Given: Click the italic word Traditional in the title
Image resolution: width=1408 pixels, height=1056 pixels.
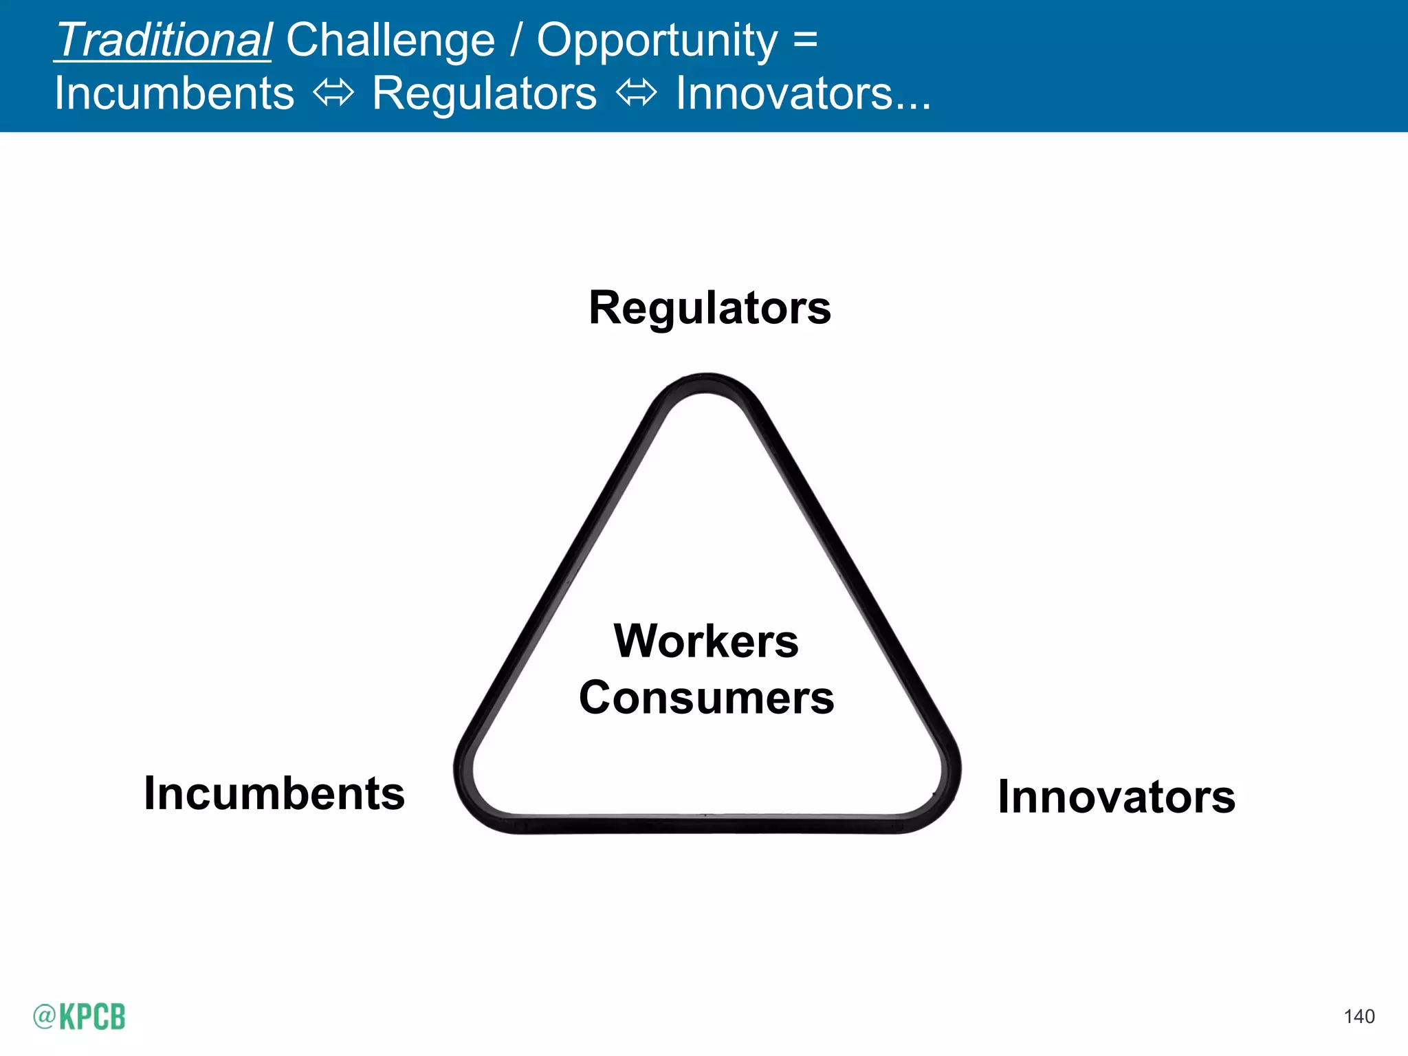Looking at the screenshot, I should tap(164, 40).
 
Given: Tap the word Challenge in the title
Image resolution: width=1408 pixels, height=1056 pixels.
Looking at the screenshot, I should tap(390, 40).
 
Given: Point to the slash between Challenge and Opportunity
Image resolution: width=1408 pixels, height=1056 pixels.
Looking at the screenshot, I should tap(516, 40).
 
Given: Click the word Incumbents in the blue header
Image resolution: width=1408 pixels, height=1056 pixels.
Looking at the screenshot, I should tap(174, 93).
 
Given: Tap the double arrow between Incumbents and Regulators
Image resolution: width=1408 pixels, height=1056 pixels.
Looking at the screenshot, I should tap(333, 93).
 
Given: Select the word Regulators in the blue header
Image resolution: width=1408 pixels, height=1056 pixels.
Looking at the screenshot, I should tap(484, 93).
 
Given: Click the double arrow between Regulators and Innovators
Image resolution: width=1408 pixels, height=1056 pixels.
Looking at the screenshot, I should tap(637, 93).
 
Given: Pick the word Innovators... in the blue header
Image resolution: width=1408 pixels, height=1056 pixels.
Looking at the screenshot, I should tap(803, 93).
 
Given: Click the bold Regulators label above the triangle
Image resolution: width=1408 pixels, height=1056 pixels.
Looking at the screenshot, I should tap(709, 307).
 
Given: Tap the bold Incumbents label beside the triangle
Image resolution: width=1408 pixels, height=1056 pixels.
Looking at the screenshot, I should tap(274, 793).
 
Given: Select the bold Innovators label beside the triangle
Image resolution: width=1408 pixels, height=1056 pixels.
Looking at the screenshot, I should tap(1116, 797).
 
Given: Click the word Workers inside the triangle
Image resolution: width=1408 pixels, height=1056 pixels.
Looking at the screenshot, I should tap(706, 641).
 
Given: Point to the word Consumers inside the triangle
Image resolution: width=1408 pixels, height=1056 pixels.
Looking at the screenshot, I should tap(706, 698).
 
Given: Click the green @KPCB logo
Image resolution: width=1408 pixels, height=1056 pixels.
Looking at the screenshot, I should tap(79, 1016).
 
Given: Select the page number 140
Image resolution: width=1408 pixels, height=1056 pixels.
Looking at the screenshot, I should tap(1358, 1017).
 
